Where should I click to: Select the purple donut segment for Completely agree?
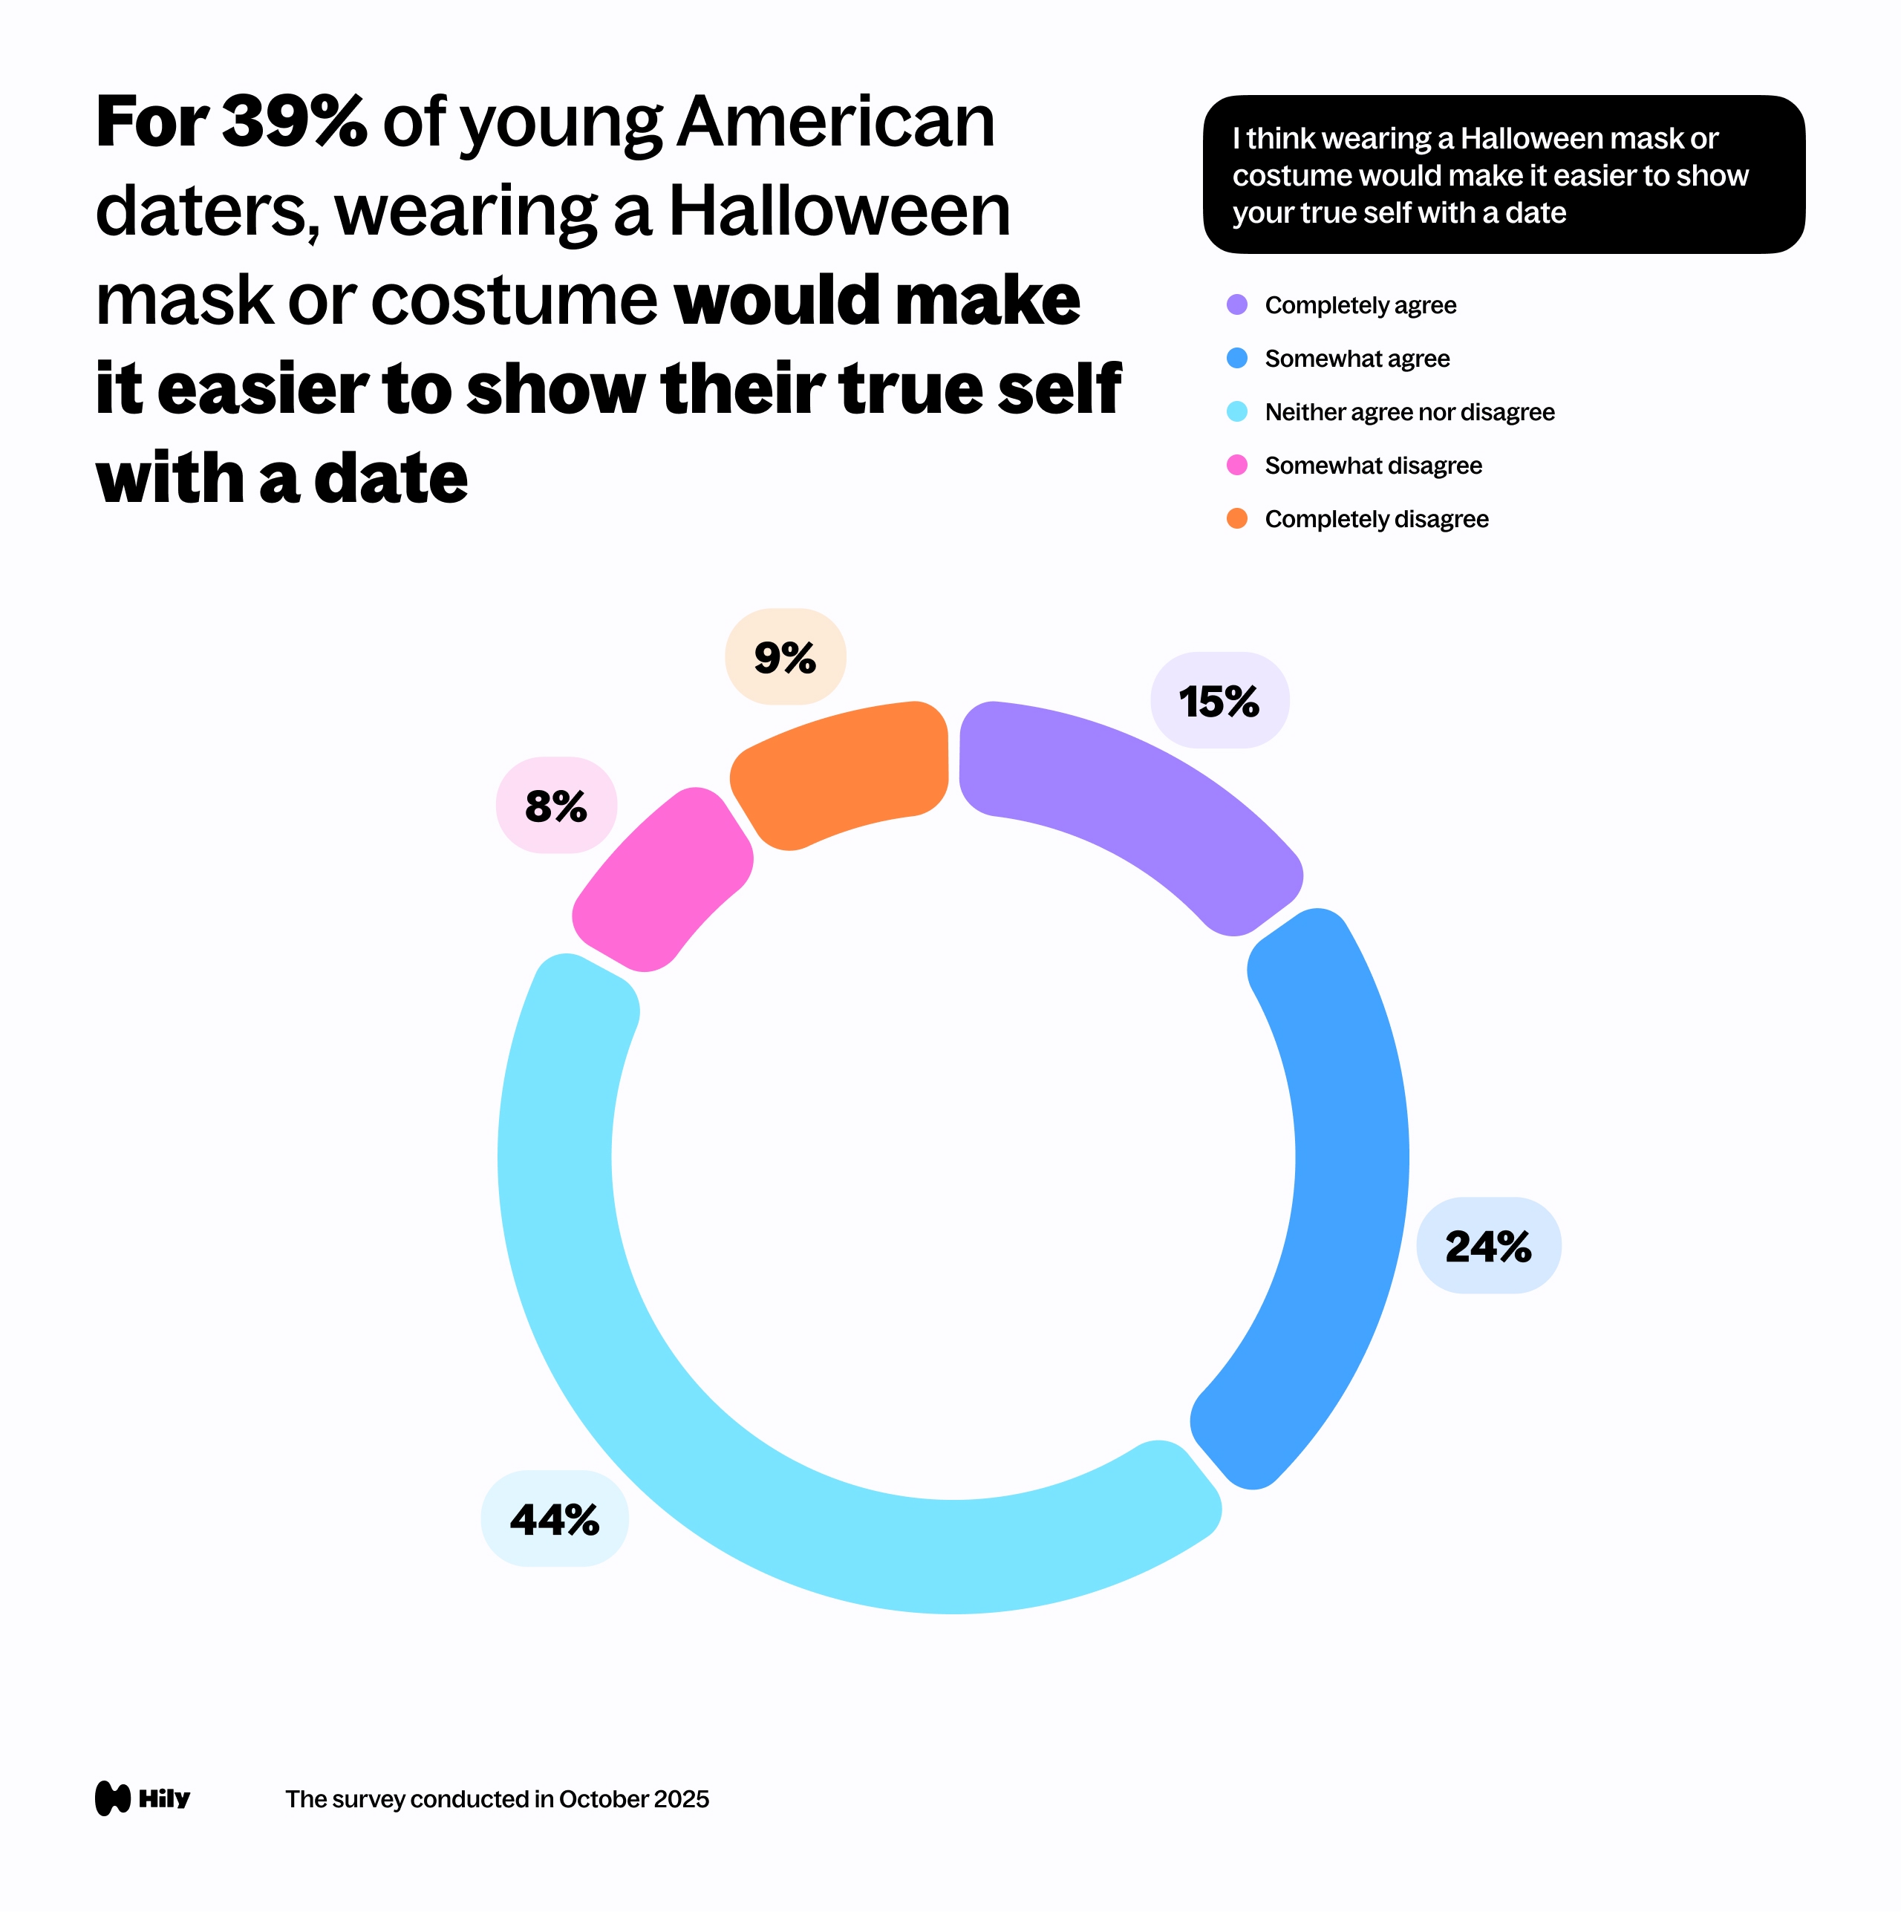(1138, 802)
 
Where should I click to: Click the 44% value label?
(554, 1519)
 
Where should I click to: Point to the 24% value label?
(1488, 1246)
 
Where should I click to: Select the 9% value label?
(785, 657)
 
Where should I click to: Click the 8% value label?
(556, 806)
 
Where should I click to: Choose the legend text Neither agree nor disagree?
(1409, 411)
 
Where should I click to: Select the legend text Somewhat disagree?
(1372, 465)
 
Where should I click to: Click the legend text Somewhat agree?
(1357, 358)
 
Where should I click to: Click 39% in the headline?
(294, 123)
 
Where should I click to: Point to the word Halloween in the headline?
(839, 211)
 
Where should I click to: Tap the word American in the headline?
(836, 123)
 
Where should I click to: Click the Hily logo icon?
(113, 1798)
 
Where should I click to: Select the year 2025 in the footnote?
(681, 1799)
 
